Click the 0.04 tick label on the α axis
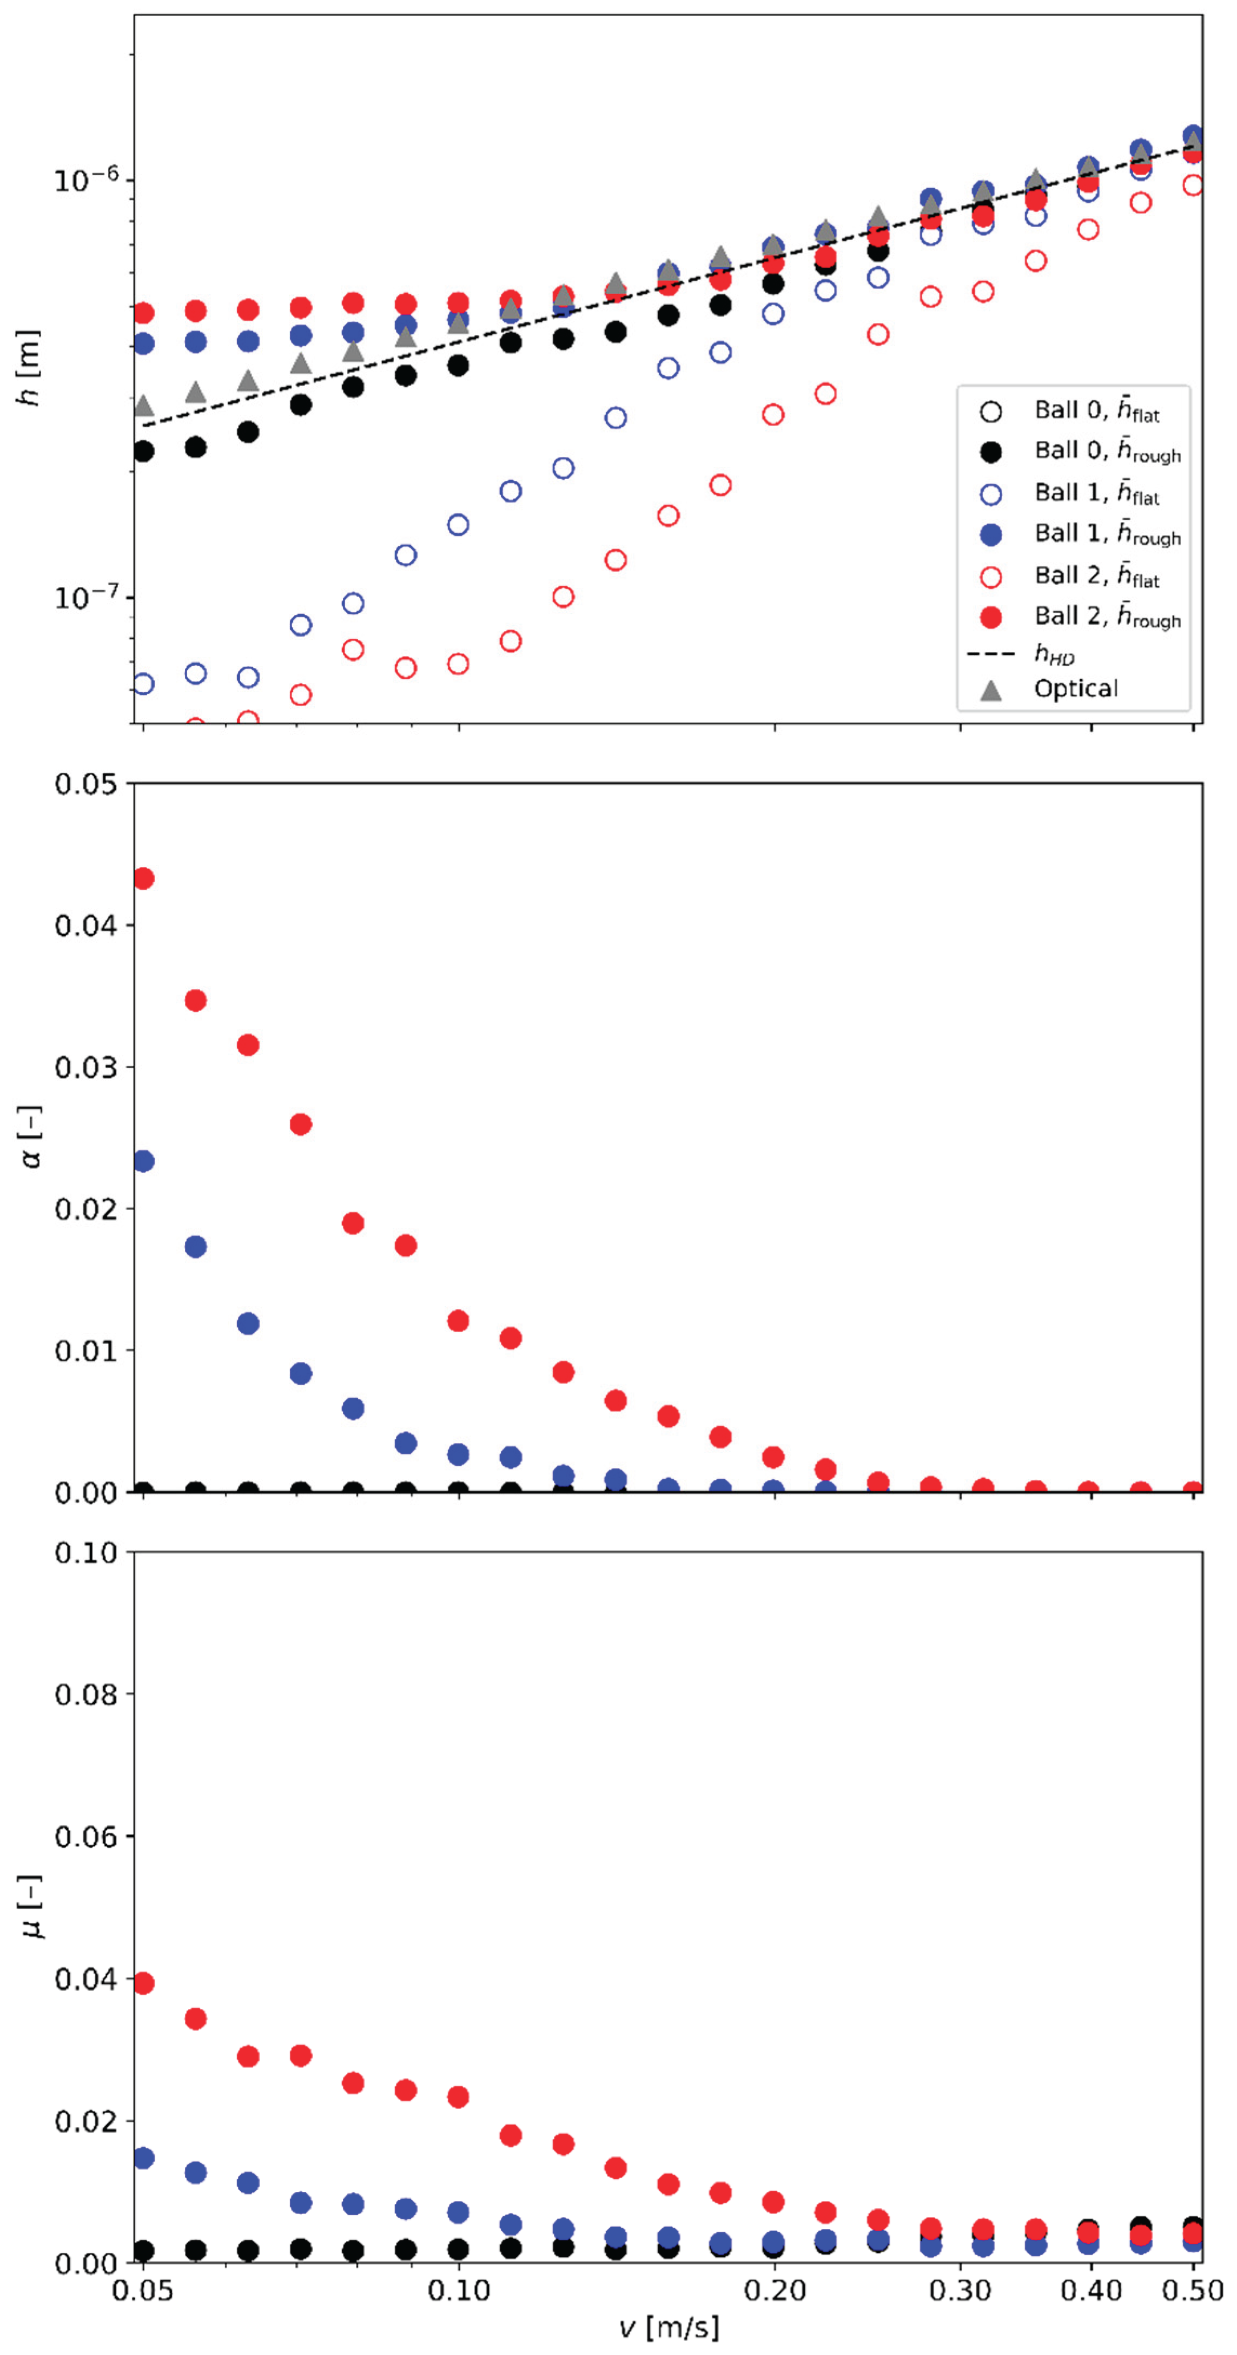pos(86,925)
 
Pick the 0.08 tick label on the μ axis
pos(86,1694)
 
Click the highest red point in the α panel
pos(143,878)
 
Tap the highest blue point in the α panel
pos(143,1161)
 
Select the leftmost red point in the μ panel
pos(143,1983)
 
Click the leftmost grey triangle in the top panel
pos(143,406)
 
